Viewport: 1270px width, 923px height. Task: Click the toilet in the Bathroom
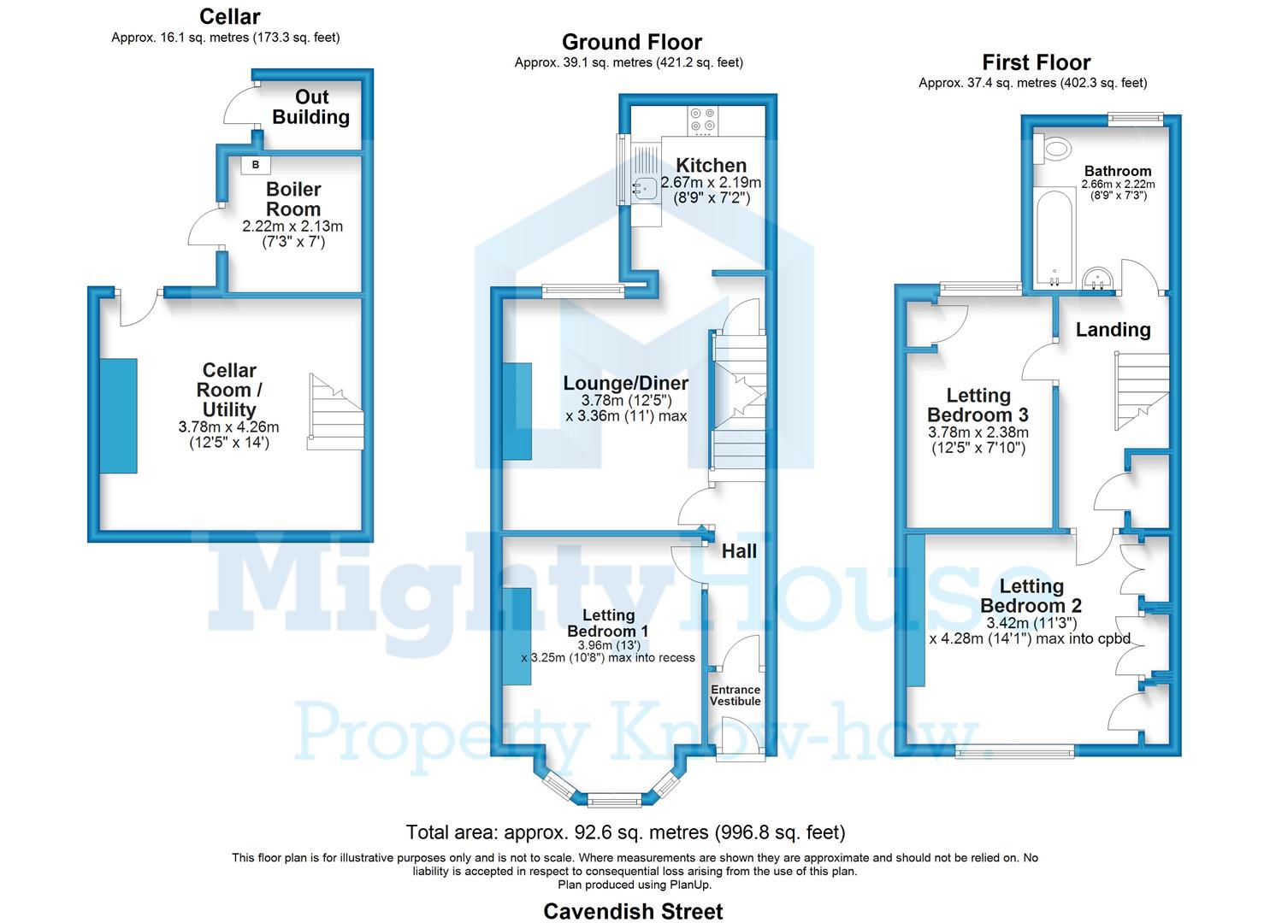tap(1054, 149)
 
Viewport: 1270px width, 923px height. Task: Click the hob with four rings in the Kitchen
tap(704, 120)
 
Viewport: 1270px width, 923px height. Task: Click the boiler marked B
tap(256, 164)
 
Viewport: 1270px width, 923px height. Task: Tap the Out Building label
tap(311, 108)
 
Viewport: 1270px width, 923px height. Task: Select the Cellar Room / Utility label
tap(229, 390)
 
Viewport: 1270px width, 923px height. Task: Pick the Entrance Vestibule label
tap(735, 695)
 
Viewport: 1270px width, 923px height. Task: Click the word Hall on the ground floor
tap(739, 551)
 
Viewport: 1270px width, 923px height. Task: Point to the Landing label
tap(1113, 330)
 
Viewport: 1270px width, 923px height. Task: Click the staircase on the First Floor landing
tap(1141, 393)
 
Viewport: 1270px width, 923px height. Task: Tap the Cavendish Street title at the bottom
tap(633, 911)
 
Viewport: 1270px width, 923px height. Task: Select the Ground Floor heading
tap(631, 42)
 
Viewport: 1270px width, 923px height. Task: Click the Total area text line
tap(625, 832)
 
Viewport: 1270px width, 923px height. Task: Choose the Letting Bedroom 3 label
tap(978, 405)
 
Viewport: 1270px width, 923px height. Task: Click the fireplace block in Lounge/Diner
tap(517, 411)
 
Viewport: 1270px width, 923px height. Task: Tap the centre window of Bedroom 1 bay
tap(614, 801)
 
